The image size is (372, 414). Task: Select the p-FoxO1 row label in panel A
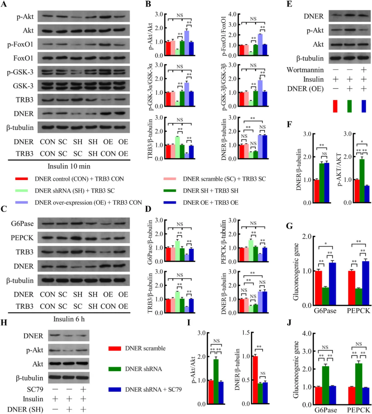pos(20,44)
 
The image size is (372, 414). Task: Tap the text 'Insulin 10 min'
pos(69,166)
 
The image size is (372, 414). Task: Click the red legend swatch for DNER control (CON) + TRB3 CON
pos(21,179)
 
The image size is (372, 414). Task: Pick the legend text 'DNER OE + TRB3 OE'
pos(210,203)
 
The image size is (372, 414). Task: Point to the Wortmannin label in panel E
pos(305,70)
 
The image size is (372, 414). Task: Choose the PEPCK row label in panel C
pos(22,238)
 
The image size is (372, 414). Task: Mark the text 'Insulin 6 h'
pos(69,319)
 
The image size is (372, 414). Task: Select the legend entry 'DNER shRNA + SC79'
pos(153,390)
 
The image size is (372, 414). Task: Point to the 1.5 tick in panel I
pos(245,333)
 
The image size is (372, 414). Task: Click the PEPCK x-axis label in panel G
pos(359,311)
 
